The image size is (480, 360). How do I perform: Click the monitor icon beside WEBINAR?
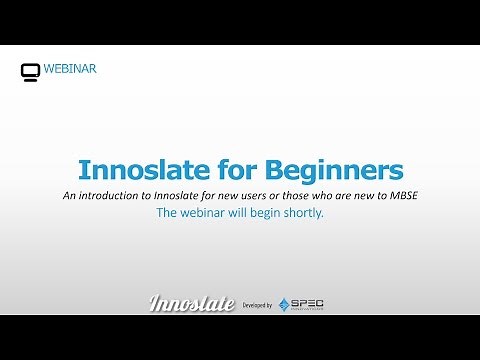[31, 71]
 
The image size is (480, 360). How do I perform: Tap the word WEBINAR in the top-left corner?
[70, 70]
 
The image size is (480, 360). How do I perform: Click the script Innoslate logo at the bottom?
[191, 303]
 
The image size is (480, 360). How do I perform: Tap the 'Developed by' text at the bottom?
[258, 304]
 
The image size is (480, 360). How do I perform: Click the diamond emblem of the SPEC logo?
[285, 304]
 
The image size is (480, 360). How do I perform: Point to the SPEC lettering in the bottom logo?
[309, 302]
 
